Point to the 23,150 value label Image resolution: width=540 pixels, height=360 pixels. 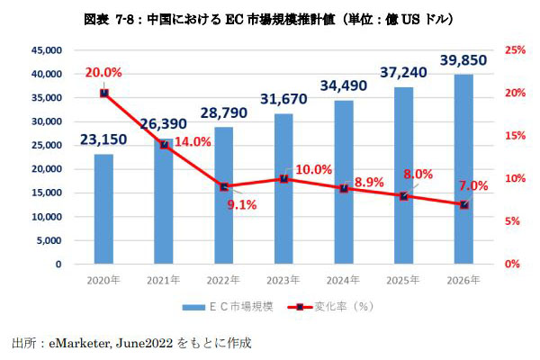(104, 140)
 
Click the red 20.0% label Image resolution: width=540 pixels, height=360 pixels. (104, 74)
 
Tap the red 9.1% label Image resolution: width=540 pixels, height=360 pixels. (240, 204)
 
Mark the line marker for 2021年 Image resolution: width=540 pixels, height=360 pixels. (164, 144)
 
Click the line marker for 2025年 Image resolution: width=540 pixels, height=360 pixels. (404, 196)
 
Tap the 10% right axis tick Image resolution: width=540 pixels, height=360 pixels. (513, 178)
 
